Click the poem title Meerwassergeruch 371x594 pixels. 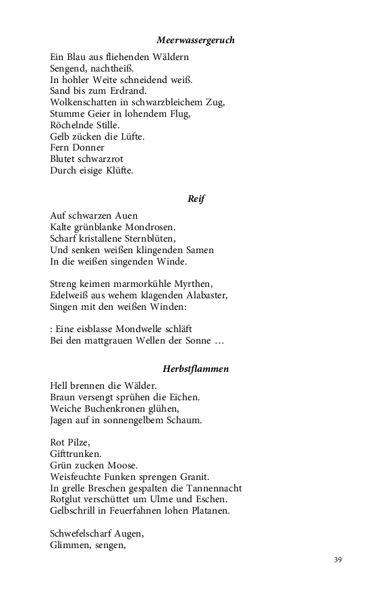pyautogui.click(x=196, y=41)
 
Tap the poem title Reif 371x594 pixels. pyautogui.click(x=196, y=199)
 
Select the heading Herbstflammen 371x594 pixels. pyautogui.click(x=196, y=369)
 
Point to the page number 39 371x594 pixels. pyautogui.click(x=338, y=560)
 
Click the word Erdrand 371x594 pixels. pyautogui.click(x=128, y=90)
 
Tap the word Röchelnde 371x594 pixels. pyautogui.click(x=72, y=125)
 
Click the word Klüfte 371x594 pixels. pyautogui.click(x=117, y=171)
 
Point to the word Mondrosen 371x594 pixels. pyautogui.click(x=152, y=227)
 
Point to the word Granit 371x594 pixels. pyautogui.click(x=194, y=477)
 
